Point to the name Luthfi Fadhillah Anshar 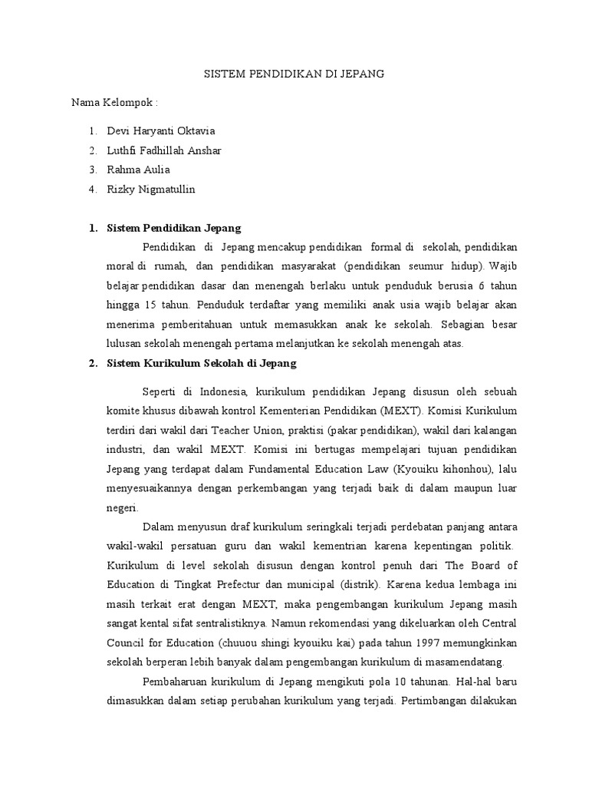[x=164, y=150]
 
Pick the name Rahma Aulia [x=139, y=170]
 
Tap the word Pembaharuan [x=177, y=682]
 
